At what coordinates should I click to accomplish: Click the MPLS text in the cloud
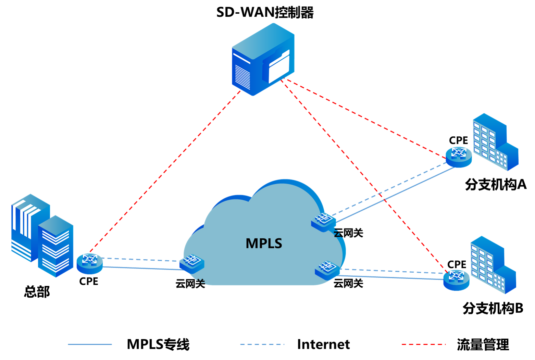pyautogui.click(x=264, y=243)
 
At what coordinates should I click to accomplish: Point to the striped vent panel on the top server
pyautogui.click(x=243, y=76)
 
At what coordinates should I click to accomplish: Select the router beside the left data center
pyautogui.click(x=89, y=263)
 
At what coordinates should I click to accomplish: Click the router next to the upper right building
pyautogui.click(x=459, y=157)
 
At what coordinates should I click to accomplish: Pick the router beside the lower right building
pyautogui.click(x=456, y=280)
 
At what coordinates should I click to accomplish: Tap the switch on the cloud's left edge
pyautogui.click(x=192, y=263)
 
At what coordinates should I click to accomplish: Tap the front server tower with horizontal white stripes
pyautogui.click(x=55, y=247)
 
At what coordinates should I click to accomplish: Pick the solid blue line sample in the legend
pyautogui.click(x=90, y=344)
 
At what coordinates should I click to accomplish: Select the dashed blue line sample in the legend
pyautogui.click(x=262, y=344)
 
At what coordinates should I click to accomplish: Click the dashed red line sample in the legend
pyautogui.click(x=423, y=344)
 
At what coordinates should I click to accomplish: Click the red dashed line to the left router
pyautogui.click(x=164, y=171)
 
